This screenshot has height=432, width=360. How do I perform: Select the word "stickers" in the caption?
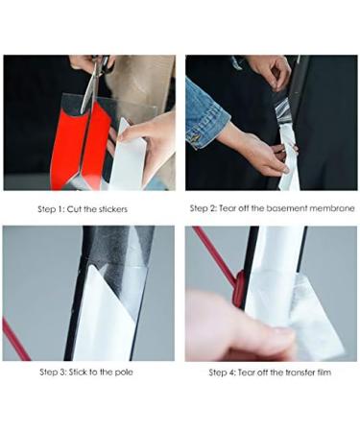tap(109, 208)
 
